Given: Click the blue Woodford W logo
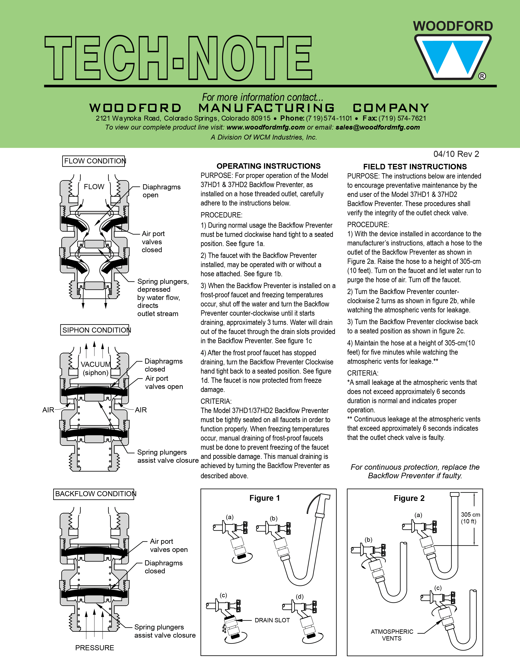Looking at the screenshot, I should coord(453,57).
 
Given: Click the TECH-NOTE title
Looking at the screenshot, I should coord(178,58).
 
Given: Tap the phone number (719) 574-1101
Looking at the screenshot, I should coord(329,118).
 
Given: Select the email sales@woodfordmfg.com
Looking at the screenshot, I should coord(377,127).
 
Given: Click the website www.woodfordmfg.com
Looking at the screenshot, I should coord(266,127).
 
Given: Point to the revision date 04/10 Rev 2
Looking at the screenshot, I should coord(456,154).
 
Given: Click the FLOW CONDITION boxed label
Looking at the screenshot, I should coord(94,161).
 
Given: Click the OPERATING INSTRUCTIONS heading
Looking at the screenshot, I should coord(268,166).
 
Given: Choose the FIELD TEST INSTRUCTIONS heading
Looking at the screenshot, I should coord(415,167).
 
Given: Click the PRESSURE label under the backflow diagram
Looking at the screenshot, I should coord(95,648).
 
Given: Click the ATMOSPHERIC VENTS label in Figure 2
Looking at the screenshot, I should coord(392,635).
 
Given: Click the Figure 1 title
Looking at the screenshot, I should coord(264,498).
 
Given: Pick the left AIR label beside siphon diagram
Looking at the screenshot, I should coord(48,410).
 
